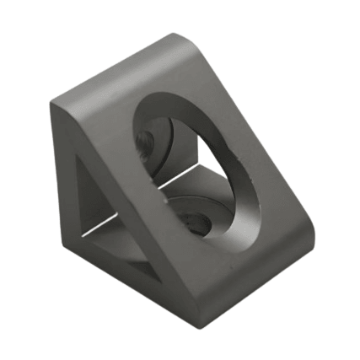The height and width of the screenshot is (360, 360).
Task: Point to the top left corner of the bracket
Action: pyautogui.click(x=54, y=103)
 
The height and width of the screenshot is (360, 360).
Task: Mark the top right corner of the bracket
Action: pyautogui.click(x=179, y=37)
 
